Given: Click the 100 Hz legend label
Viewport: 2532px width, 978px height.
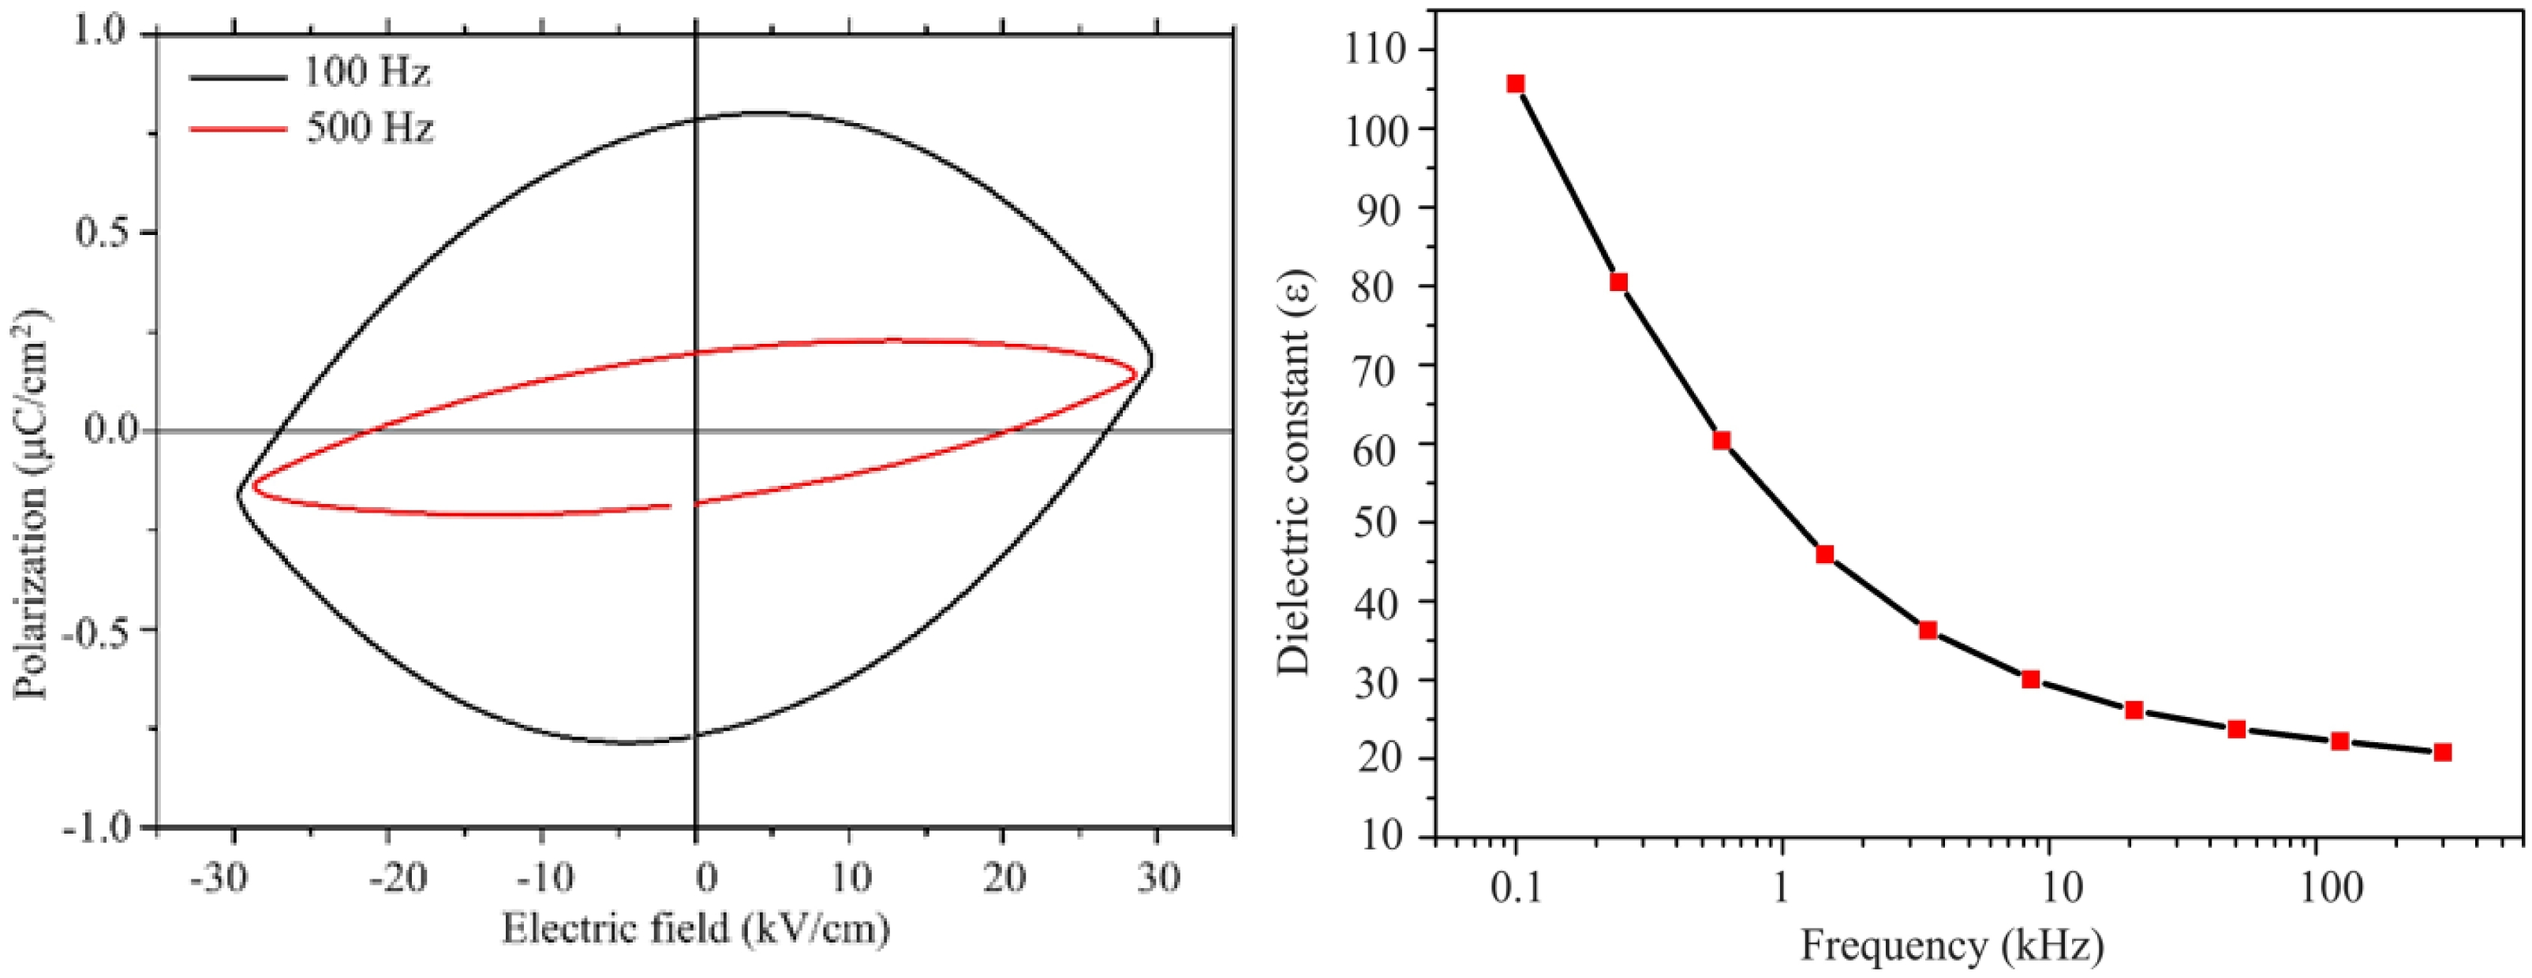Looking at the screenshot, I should click(365, 72).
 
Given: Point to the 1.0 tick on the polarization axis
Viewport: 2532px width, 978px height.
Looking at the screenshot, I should click(99, 32).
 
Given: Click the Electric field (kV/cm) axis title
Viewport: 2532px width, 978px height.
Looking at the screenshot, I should click(696, 928).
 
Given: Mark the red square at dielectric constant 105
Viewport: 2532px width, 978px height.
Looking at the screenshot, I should click(1516, 84).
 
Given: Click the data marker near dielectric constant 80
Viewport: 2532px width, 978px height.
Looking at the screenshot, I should click(1618, 283).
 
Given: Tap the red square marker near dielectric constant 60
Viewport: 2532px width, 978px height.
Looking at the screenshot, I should click(1721, 440).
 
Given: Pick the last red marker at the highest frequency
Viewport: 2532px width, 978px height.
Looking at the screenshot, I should click(2443, 752).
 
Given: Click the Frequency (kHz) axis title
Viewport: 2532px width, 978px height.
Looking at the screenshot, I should click(1952, 946).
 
